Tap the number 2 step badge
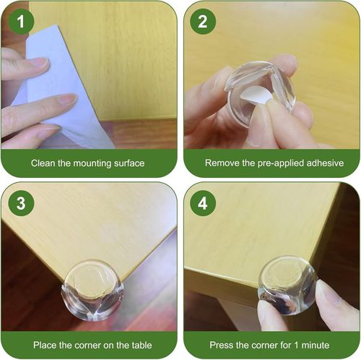coord(203,22)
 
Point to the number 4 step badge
coord(203,203)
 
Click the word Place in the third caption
coord(43,345)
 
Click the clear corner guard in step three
coord(92,289)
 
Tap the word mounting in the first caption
coord(85,163)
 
